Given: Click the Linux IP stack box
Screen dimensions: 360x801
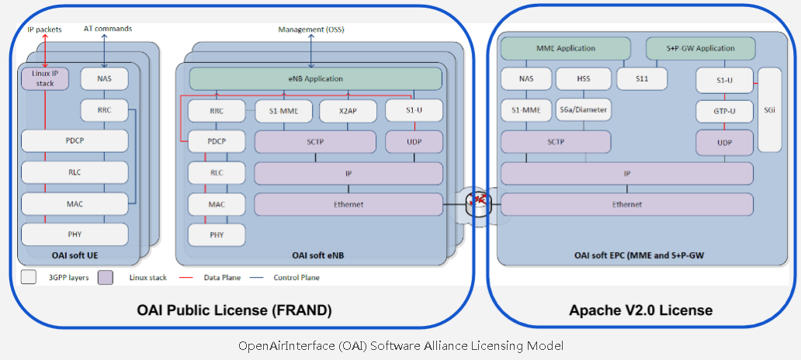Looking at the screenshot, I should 45,78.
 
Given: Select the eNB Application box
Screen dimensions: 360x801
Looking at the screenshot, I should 315,78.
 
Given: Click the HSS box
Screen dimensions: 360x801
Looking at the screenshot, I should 583,78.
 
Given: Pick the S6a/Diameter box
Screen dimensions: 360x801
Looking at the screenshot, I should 583,110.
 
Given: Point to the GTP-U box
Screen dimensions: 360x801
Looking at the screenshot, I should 724,111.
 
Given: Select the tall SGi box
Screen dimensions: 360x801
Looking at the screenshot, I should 768,109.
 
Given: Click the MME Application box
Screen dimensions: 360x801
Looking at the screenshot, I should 566,48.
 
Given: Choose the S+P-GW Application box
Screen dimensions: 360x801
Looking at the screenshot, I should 701,48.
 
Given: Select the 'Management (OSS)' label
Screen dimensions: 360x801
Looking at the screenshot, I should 310,29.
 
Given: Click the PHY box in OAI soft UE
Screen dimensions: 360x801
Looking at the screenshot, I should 75,234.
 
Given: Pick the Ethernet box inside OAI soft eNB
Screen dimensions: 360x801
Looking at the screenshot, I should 348,204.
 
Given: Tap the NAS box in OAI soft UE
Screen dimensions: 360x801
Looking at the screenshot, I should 104,78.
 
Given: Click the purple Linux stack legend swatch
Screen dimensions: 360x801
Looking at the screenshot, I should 106,277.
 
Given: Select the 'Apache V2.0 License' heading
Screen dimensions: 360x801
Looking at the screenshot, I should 640,310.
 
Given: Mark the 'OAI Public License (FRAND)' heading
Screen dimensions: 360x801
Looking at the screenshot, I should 234,310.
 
